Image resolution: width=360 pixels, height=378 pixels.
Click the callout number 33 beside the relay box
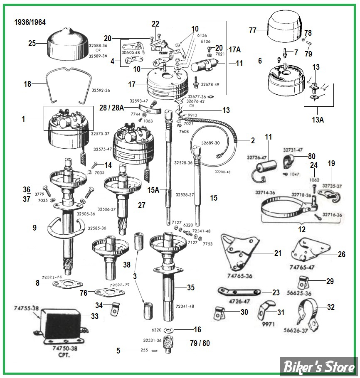[95, 317]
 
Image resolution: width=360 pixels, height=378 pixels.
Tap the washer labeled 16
[168, 330]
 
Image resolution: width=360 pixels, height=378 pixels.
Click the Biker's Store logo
[319, 367]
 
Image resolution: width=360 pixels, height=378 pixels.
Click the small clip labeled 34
[113, 309]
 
